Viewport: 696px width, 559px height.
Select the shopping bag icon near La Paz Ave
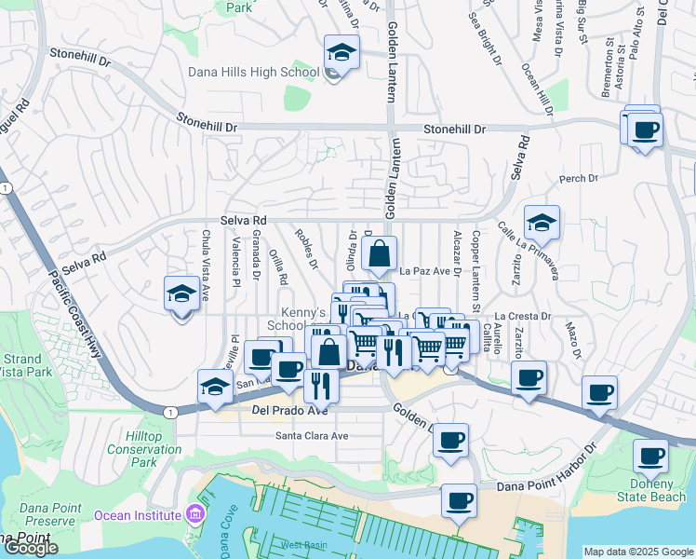click(380, 252)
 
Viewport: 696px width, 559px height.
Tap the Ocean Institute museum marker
click(194, 514)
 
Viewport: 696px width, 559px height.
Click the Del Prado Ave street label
click(290, 410)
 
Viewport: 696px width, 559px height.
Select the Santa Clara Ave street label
click(312, 435)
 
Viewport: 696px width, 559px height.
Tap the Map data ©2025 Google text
click(638, 552)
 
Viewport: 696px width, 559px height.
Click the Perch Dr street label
click(578, 178)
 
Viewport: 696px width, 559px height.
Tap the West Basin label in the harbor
click(300, 544)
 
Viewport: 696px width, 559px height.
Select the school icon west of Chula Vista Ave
click(181, 294)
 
